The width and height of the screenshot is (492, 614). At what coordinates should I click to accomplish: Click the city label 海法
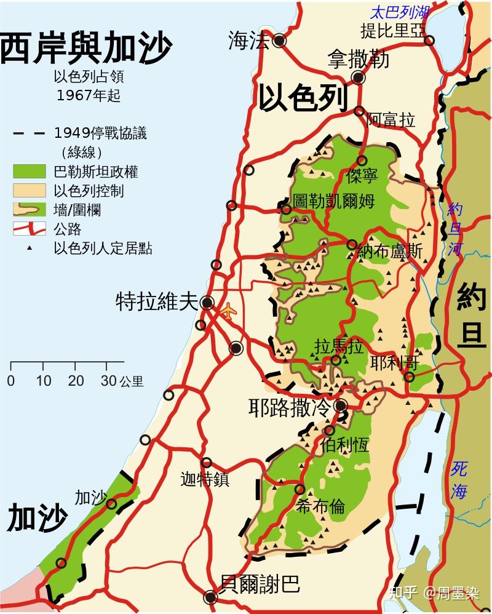(248, 41)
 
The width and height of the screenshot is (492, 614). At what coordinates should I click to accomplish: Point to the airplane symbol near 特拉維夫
(228, 311)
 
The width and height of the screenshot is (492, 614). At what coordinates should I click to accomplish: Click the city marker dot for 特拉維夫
(207, 303)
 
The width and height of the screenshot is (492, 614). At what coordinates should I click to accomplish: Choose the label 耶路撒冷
(290, 407)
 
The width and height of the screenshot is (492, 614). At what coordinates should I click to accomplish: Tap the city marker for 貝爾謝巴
(211, 597)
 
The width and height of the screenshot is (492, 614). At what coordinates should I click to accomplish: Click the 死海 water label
(459, 480)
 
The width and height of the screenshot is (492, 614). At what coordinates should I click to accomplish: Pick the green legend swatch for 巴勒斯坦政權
(30, 172)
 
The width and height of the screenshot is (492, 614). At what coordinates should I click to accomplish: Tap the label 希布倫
(320, 506)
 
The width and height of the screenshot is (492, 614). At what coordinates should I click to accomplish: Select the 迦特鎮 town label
(205, 479)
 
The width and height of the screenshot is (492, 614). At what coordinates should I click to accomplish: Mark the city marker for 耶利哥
(410, 377)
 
